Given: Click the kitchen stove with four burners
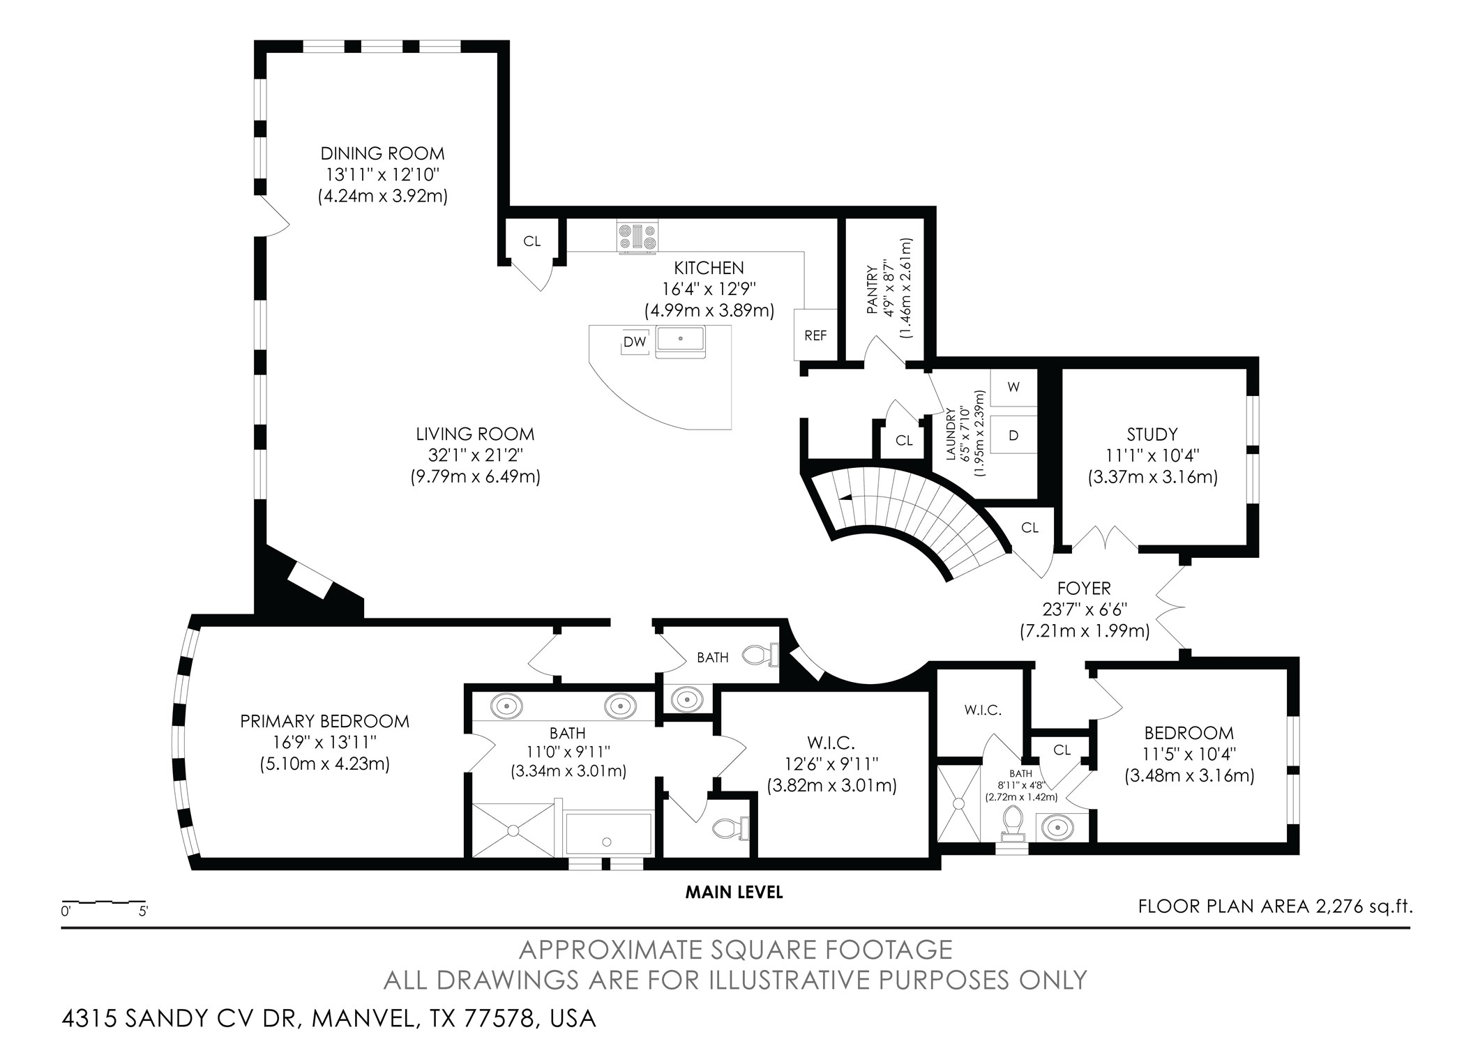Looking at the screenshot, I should (x=638, y=237).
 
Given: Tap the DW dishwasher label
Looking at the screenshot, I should (x=635, y=342).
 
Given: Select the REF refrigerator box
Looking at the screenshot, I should (x=815, y=335).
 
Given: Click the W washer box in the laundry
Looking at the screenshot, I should (x=1013, y=387).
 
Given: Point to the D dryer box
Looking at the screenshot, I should (x=1013, y=435).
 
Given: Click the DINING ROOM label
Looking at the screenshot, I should (x=382, y=153).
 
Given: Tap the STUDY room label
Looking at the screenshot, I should (x=1152, y=434).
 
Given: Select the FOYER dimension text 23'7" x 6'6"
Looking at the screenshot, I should (x=1084, y=609).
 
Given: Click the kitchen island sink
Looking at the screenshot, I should (x=680, y=340).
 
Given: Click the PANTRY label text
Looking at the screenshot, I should (x=872, y=289).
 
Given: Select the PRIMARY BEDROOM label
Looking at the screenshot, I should (x=324, y=721).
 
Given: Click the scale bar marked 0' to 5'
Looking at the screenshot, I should (x=104, y=904).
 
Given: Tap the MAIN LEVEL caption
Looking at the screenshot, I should (x=734, y=892).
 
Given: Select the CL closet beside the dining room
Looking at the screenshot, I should (x=531, y=241).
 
